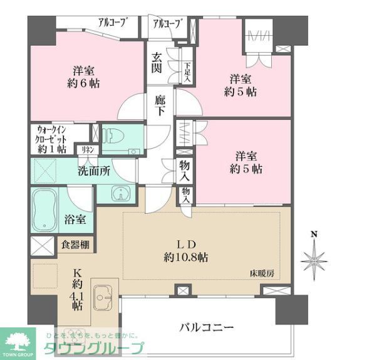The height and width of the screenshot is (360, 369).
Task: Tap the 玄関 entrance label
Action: click(x=157, y=63)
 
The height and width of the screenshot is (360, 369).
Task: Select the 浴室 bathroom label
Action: click(x=80, y=220)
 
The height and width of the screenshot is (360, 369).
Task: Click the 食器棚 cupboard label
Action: click(x=75, y=245)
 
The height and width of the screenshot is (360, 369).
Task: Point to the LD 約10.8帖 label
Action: click(x=191, y=250)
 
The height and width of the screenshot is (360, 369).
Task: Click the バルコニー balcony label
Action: click(x=206, y=327)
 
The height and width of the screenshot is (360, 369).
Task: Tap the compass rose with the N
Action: click(x=313, y=258)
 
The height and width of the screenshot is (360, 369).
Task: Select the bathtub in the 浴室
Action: click(x=45, y=209)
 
